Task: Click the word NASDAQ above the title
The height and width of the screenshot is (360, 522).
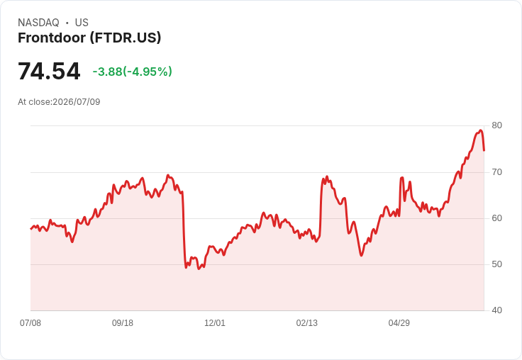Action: (x=38, y=23)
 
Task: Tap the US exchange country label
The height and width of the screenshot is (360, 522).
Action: (x=82, y=23)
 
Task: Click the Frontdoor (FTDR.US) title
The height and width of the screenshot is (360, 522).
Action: (x=89, y=38)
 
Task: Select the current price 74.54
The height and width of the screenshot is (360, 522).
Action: (x=49, y=71)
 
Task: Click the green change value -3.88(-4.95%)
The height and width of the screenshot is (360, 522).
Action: (x=132, y=72)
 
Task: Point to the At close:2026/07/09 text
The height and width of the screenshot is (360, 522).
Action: (x=59, y=102)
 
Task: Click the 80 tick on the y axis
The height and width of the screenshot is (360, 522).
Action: (x=496, y=125)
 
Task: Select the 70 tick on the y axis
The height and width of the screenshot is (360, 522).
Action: (x=496, y=172)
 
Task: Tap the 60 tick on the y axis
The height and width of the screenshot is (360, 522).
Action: (x=496, y=218)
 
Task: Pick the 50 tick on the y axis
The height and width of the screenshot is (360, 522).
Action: (x=496, y=264)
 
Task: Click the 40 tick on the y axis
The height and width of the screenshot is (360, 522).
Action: (x=496, y=310)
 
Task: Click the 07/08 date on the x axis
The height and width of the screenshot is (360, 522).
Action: (x=30, y=322)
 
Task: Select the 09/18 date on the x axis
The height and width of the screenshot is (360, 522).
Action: (x=123, y=322)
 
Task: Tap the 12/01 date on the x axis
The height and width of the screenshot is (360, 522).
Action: (x=215, y=322)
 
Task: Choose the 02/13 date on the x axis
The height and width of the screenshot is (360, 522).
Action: (x=307, y=322)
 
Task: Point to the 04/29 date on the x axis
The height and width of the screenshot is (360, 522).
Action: (x=399, y=322)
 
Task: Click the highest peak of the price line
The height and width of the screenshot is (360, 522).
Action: (x=480, y=130)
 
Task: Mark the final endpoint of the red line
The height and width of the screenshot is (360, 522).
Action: (x=484, y=151)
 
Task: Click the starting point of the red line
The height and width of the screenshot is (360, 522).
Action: (x=31, y=229)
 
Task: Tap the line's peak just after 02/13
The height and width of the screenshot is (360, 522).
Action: (x=327, y=176)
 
